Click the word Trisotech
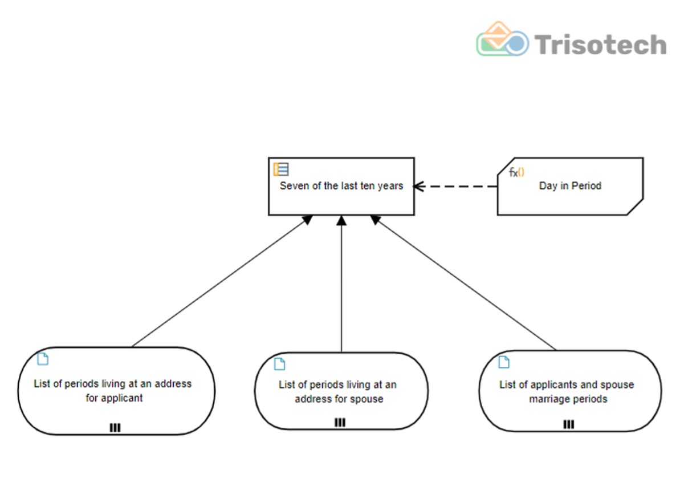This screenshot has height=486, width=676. click(x=601, y=44)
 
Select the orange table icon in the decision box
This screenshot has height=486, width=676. click(x=281, y=169)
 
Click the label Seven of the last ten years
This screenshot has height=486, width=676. click(x=341, y=185)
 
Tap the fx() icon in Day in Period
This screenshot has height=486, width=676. click(x=516, y=173)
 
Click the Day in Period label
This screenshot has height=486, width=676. click(x=570, y=185)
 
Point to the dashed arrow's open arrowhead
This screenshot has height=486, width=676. click(x=419, y=187)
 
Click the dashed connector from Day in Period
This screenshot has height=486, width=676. click(x=455, y=187)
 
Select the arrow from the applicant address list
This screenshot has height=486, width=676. click(x=222, y=281)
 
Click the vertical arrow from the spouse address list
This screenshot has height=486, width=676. click(x=341, y=284)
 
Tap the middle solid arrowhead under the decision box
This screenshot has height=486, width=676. click(x=341, y=221)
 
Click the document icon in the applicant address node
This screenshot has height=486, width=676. click(x=43, y=359)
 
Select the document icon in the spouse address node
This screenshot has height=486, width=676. click(x=280, y=364)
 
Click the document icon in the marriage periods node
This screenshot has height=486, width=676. click(x=504, y=362)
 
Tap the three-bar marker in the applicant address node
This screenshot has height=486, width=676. click(x=115, y=428)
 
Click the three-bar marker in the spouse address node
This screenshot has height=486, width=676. click(x=340, y=423)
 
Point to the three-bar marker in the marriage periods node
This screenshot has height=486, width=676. click(x=569, y=425)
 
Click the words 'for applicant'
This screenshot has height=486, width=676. click(x=114, y=398)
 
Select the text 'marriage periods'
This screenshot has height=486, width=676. click(x=568, y=399)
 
